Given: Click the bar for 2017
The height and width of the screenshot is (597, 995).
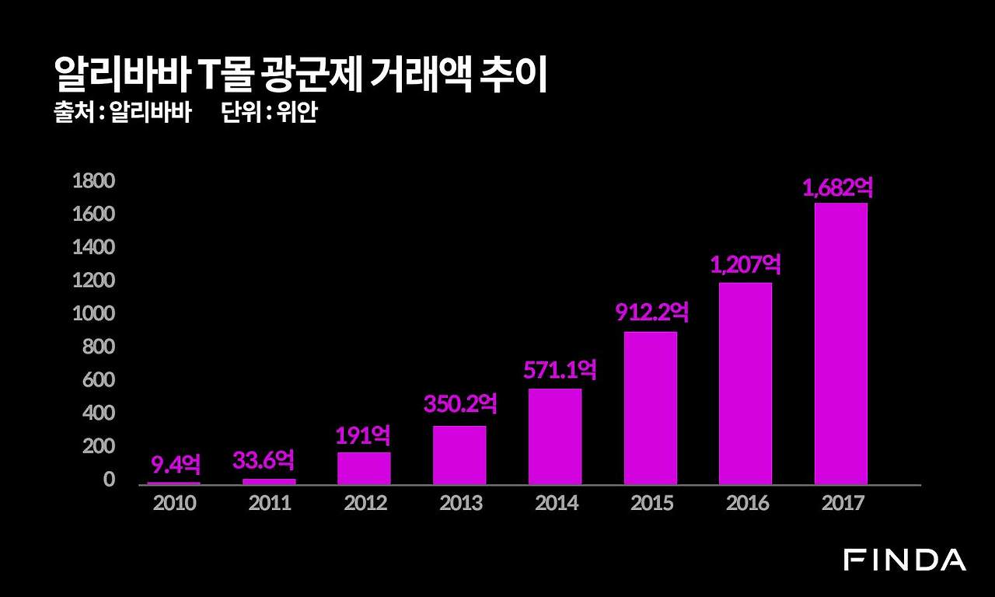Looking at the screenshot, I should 840,344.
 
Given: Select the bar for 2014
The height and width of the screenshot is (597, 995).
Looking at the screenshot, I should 555,436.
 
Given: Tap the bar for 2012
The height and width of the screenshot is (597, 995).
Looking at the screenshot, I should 364,468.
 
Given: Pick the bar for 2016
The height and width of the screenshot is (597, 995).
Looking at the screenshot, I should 745,383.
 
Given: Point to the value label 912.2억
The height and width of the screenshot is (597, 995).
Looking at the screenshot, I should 651,312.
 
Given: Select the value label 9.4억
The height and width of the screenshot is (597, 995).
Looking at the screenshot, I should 175,465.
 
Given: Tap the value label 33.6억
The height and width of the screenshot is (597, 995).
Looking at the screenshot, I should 264,460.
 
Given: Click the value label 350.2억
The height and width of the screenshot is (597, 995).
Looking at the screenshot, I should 459,403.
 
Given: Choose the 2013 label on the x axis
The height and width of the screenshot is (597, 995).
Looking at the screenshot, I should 460,503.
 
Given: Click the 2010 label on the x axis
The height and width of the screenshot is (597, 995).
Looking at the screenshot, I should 175,503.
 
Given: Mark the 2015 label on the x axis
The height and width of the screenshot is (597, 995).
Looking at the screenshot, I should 651,503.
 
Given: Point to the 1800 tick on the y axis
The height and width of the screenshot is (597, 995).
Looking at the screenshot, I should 93,181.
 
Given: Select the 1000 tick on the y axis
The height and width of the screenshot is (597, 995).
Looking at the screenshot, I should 93,314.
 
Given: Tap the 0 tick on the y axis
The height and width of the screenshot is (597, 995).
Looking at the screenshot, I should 109,480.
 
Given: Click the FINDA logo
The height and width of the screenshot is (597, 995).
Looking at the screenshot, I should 905,560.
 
